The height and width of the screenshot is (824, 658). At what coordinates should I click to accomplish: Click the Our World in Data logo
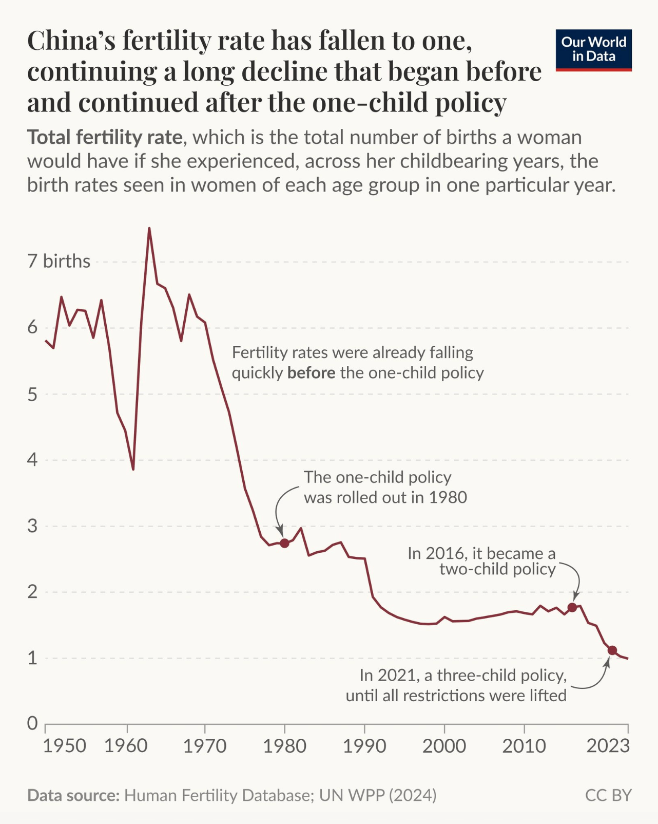pos(593,49)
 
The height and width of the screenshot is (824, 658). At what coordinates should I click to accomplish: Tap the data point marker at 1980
pos(284,543)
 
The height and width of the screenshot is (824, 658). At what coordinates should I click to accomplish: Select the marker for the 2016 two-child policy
pos(572,607)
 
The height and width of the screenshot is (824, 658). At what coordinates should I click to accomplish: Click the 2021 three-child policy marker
pos(612,650)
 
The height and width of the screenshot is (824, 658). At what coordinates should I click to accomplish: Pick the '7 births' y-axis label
pos(59,261)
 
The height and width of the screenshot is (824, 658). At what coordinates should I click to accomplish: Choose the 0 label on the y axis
pos(33,723)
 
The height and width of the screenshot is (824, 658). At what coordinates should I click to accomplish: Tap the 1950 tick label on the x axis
pos(64,746)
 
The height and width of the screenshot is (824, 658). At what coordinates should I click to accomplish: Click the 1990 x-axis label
pos(364,746)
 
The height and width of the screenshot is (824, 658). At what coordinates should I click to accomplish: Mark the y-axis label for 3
pos(33,526)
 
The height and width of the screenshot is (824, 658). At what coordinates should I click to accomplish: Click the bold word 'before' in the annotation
pos(311,372)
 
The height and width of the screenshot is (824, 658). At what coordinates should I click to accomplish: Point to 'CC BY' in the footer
pos(608,795)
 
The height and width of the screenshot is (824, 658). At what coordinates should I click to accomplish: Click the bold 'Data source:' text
pos(73,795)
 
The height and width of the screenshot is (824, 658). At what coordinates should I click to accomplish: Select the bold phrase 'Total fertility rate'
pos(105,138)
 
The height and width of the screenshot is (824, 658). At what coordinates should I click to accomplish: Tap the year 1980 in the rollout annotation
pos(448,497)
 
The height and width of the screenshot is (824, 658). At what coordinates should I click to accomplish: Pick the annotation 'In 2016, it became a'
pos(481,553)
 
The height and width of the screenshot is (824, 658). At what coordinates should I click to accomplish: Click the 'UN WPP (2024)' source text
pos(378,795)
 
